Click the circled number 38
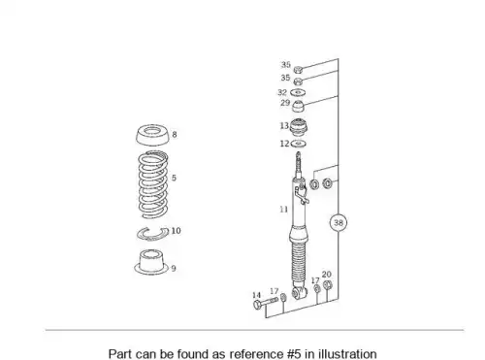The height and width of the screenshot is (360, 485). [339, 222]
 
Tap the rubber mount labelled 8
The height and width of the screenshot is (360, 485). [152, 136]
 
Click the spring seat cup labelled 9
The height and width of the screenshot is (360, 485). [151, 262]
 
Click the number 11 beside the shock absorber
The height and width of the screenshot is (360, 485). [283, 210]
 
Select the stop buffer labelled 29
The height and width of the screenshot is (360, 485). [299, 106]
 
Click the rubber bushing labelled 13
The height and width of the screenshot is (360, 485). [298, 128]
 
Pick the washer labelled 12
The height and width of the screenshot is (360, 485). [299, 144]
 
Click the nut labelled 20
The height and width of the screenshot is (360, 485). [328, 285]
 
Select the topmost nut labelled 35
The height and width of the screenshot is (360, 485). [298, 69]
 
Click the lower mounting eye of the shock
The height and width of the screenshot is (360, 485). [299, 293]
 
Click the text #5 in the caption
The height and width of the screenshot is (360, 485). [294, 353]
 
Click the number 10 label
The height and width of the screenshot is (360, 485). [176, 231]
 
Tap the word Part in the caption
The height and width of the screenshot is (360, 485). [120, 353]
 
